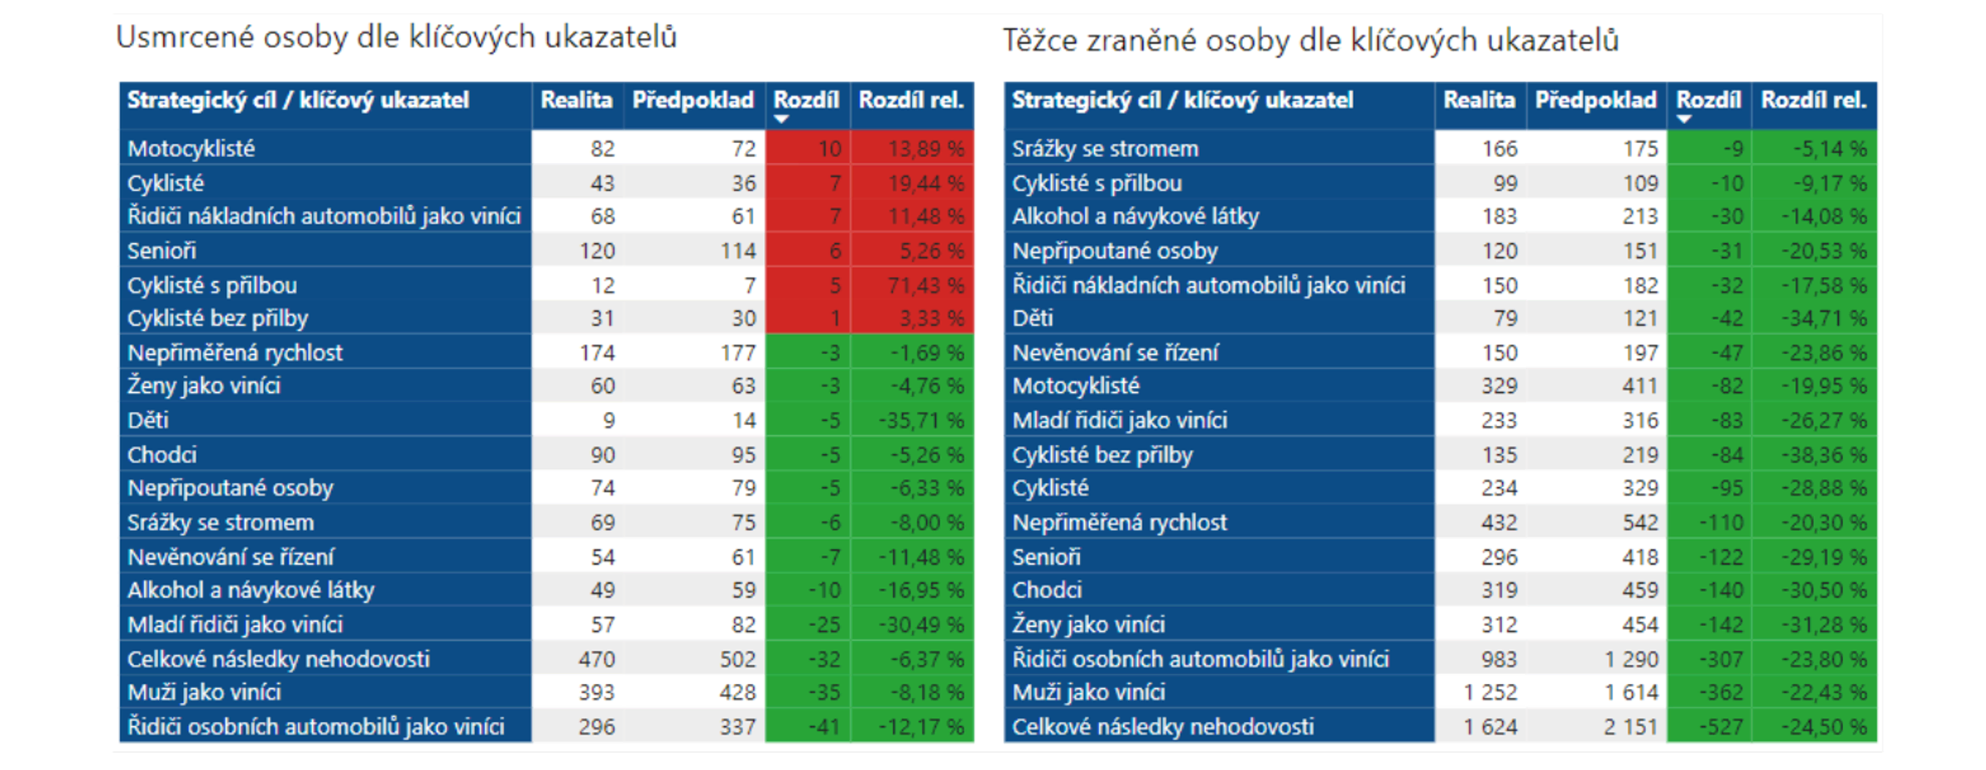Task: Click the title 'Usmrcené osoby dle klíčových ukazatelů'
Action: click(x=396, y=37)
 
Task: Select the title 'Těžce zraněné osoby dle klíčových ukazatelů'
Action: click(x=1311, y=40)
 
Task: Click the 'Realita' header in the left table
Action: click(x=576, y=100)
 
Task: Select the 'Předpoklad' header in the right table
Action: click(x=1595, y=100)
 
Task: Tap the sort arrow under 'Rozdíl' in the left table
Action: click(x=781, y=120)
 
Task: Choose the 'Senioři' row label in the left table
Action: click(x=161, y=251)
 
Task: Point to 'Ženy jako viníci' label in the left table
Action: click(x=204, y=386)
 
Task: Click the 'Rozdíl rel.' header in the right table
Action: click(x=1813, y=100)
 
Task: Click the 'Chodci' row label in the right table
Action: click(x=1047, y=591)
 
